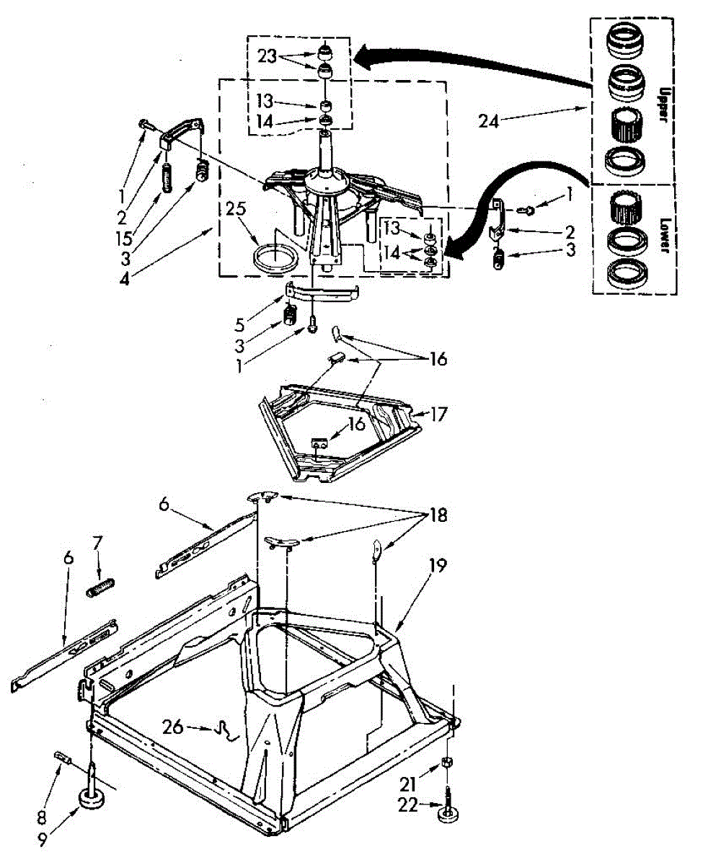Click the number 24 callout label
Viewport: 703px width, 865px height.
[490, 121]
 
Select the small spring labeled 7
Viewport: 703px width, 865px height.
[101, 587]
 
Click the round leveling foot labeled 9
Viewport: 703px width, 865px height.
[92, 798]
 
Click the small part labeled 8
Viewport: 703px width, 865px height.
[62, 757]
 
